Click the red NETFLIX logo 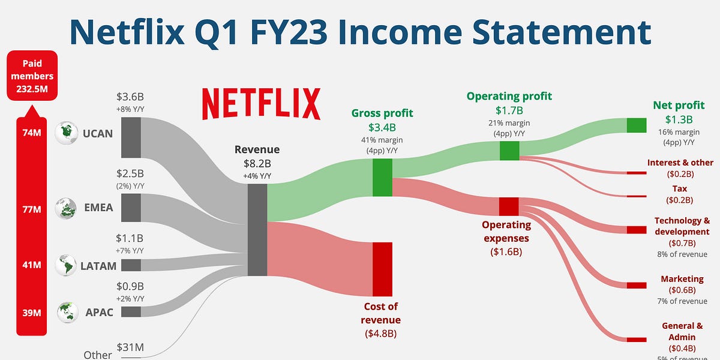[x=261, y=104]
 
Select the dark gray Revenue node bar [x=257, y=230]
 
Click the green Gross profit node [x=382, y=178]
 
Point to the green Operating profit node [x=509, y=151]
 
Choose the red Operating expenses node [x=508, y=206]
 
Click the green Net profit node [x=636, y=125]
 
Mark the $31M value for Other [x=130, y=347]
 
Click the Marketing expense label [x=682, y=279]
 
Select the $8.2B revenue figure [x=257, y=163]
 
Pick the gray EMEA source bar [x=131, y=208]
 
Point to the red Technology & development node [x=636, y=230]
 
